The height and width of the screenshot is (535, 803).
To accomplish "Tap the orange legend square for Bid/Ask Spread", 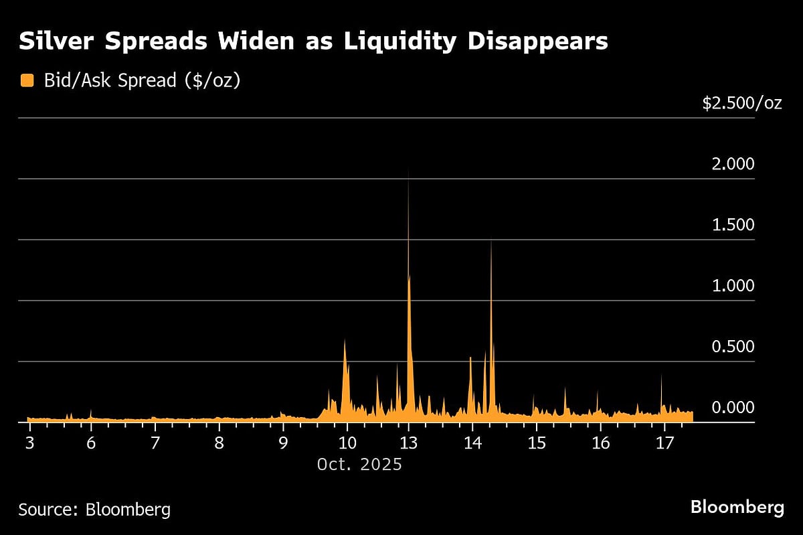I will [27, 80].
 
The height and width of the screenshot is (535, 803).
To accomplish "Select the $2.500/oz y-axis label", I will [741, 103].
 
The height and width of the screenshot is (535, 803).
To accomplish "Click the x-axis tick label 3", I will [29, 443].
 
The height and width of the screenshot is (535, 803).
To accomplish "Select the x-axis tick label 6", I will [91, 443].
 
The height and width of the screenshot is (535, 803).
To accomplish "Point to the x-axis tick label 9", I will [283, 443].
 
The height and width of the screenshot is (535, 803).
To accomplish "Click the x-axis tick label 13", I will [408, 443].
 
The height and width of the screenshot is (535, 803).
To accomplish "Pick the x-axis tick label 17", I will [664, 443].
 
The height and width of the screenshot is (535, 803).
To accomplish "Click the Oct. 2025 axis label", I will [359, 464].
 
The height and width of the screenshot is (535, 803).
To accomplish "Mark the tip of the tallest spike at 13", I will [408, 169].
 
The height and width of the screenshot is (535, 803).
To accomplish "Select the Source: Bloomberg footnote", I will [94, 510].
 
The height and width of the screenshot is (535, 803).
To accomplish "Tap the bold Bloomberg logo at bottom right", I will [737, 508].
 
